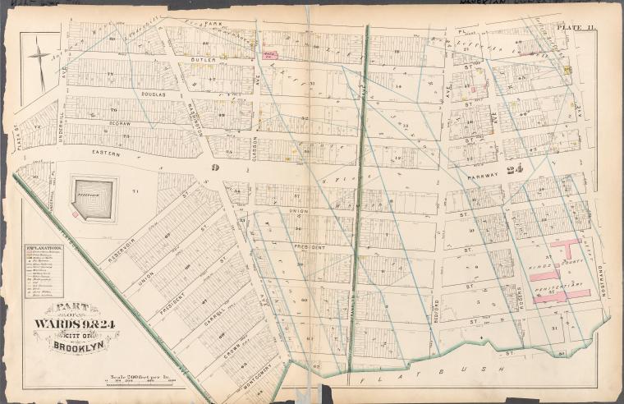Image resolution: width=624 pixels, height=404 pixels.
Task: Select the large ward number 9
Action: point(212,167)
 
